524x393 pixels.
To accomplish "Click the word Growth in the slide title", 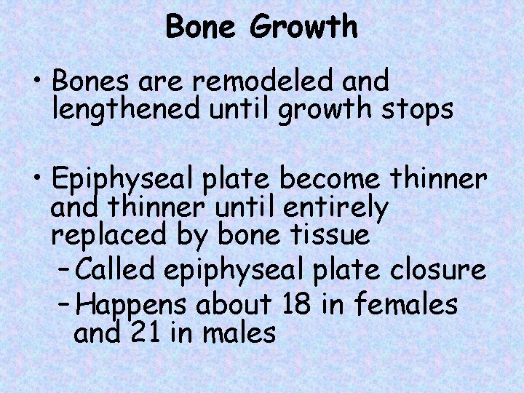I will coord(304,28).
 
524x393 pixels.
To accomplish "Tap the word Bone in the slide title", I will coord(205,28).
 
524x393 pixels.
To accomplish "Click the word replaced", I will coord(103,237).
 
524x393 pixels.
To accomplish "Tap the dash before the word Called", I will coord(63,270).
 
